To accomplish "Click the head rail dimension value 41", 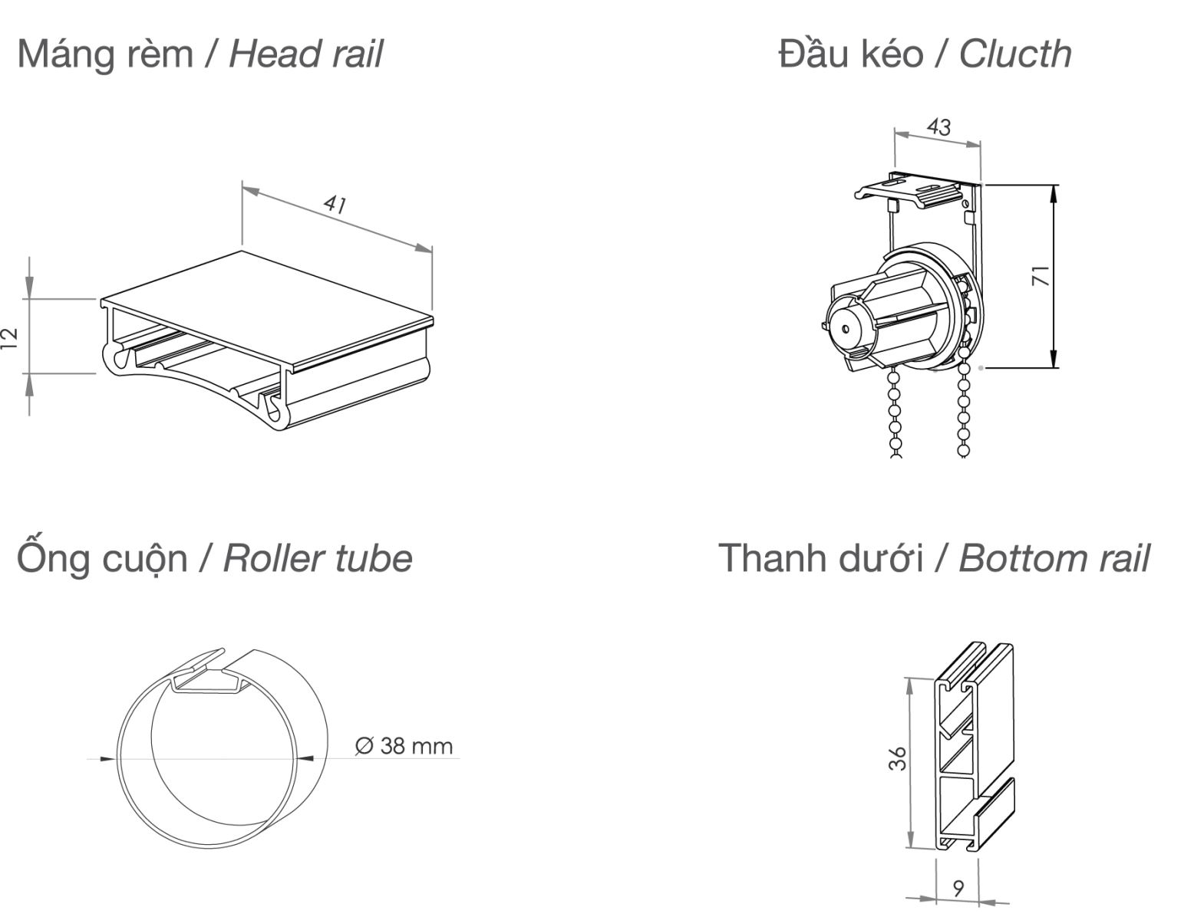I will [x=335, y=204].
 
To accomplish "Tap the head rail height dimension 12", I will [x=9, y=337].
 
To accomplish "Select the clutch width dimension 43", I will [x=938, y=127].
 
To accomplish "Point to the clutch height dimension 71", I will [x=1041, y=276].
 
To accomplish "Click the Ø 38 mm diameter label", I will [x=404, y=745].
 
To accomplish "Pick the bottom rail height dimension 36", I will [x=898, y=758].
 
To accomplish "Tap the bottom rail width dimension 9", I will [x=958, y=888].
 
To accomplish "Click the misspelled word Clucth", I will [x=1014, y=54].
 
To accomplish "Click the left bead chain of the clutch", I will [x=894, y=414].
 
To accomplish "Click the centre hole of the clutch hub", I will [x=845, y=329].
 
